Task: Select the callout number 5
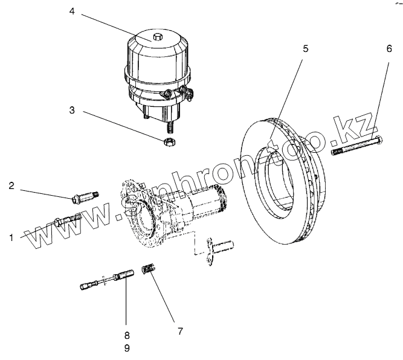pos(306,49)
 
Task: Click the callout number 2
pos(11,186)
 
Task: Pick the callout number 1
pos(11,239)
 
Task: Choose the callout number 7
pos(180,331)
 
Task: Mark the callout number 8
pos(126,335)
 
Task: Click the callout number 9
pos(126,348)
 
